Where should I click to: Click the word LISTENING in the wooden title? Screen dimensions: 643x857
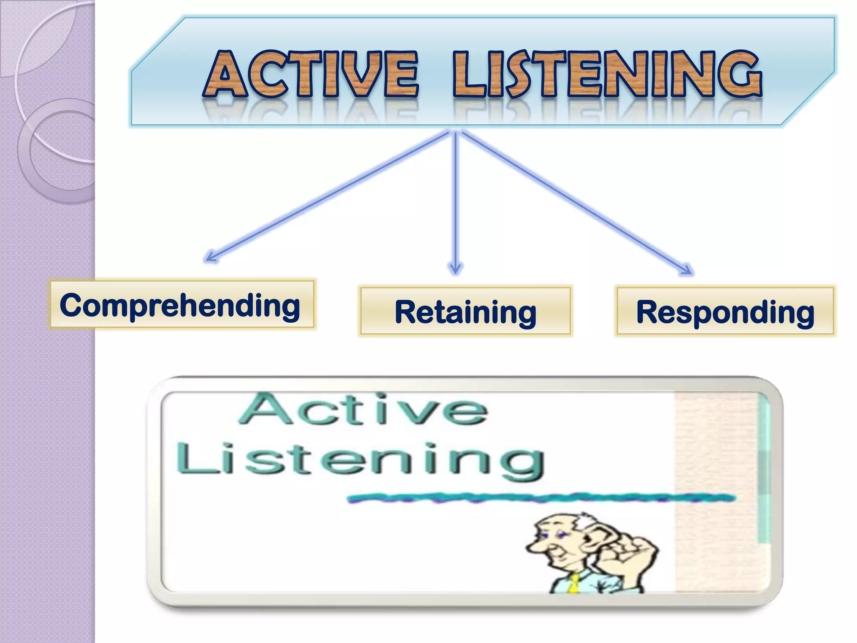607,75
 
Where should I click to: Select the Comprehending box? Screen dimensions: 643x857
181,304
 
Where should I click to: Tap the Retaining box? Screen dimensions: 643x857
465,311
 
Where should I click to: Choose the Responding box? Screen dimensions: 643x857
725,311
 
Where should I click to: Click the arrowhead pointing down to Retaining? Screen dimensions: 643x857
455,269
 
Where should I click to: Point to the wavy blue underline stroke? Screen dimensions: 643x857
540,498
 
